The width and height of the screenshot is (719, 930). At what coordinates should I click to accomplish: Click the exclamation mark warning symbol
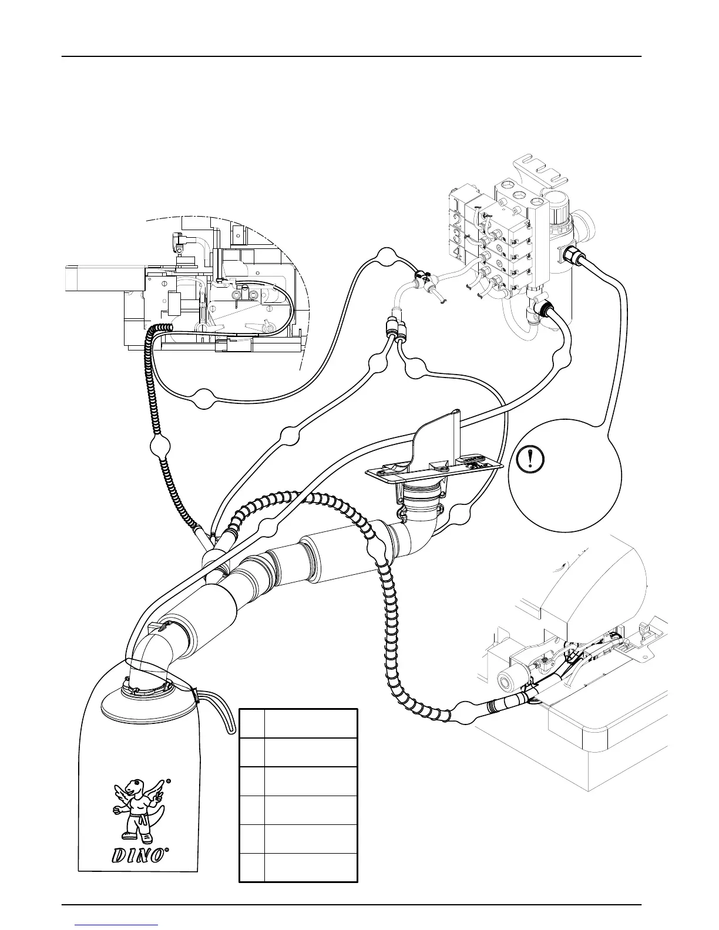point(530,459)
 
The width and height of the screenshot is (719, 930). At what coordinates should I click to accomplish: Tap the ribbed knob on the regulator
point(562,218)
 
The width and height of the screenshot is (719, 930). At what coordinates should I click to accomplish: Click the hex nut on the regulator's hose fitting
point(570,256)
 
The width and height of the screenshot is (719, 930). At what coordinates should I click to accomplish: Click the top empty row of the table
point(298,723)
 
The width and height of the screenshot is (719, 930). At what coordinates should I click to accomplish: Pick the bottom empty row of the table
point(298,867)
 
